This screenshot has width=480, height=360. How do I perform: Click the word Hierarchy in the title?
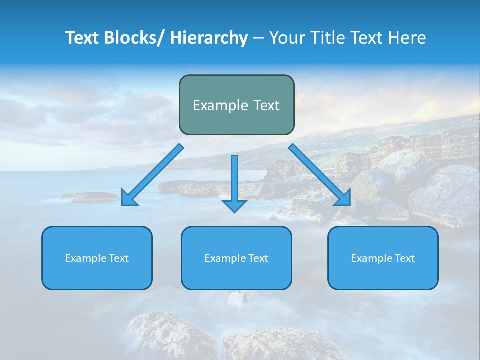click(209, 38)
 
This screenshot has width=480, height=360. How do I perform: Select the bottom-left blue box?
click(97, 275)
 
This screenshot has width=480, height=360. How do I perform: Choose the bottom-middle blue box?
click(236, 275)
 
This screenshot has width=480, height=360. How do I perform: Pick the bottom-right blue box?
click(383, 275)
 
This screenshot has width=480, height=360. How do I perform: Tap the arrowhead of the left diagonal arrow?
click(128, 199)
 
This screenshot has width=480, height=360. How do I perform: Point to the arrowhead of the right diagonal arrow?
click(343, 198)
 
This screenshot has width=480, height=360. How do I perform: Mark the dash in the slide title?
click(258, 38)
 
